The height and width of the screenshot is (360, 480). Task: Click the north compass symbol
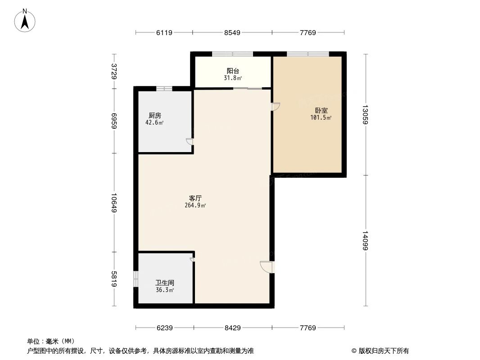click(25, 20)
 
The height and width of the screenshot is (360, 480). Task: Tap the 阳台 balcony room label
click(232, 71)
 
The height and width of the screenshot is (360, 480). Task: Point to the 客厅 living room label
click(195, 198)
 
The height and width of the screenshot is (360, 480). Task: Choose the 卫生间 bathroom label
click(165, 283)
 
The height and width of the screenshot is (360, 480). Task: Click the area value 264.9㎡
click(195, 206)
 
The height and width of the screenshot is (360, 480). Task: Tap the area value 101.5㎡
click(321, 118)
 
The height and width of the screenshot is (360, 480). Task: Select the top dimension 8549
click(232, 32)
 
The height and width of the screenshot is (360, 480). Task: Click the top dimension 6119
click(164, 32)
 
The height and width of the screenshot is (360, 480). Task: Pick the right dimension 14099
click(366, 241)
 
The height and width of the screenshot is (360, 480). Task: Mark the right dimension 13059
click(366, 114)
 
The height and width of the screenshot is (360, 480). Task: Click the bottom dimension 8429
click(232, 328)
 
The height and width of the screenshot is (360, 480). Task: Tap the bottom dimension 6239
click(165, 328)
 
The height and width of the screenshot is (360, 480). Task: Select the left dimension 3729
click(114, 72)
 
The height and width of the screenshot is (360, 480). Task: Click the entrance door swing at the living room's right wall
click(266, 267)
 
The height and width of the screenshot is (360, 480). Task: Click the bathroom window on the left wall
click(136, 279)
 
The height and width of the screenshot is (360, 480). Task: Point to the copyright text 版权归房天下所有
click(380, 351)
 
